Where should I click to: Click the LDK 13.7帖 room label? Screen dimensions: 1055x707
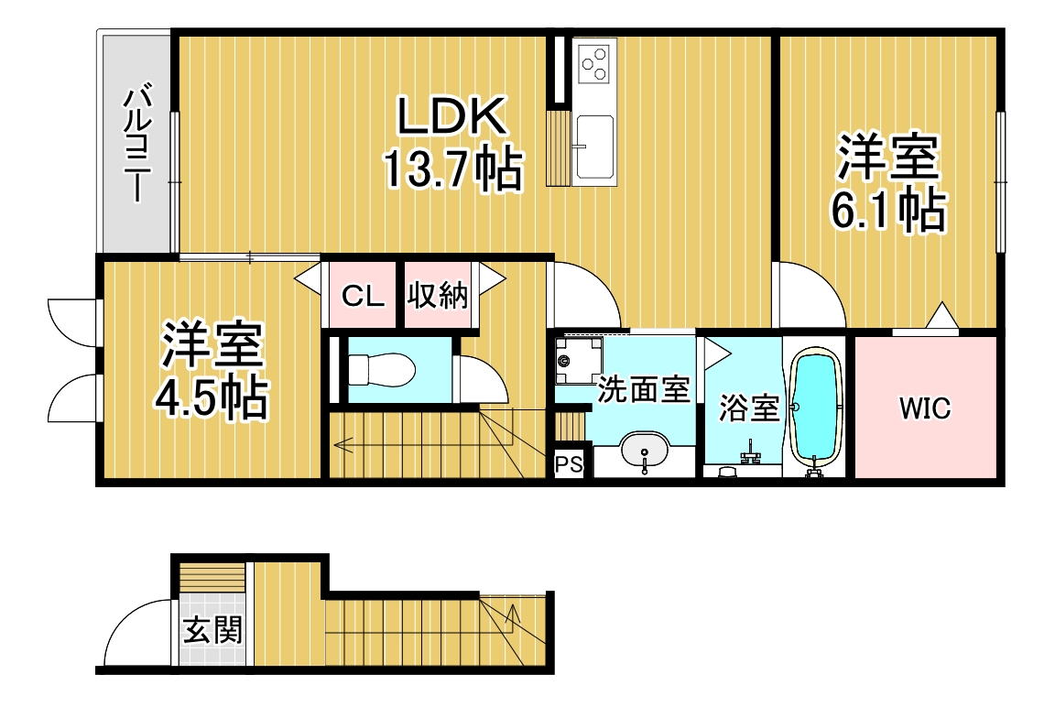tap(452, 143)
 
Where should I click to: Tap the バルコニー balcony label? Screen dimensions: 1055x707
tap(136, 141)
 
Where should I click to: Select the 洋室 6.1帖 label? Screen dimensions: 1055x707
tap(888, 183)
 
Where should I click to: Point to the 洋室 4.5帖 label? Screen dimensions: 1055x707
tap(212, 371)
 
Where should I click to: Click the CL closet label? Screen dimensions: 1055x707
tap(363, 295)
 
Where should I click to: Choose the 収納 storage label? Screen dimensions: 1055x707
tap(438, 295)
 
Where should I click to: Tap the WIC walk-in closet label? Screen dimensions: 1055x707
tap(925, 408)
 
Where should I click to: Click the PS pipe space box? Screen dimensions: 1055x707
tap(569, 464)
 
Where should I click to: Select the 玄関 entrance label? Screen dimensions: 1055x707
tap(212, 630)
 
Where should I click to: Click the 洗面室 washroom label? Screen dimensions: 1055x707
tap(644, 389)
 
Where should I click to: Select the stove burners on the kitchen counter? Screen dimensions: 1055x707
tap(594, 64)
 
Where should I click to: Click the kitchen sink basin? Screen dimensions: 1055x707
tap(594, 146)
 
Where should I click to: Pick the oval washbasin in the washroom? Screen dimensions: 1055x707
tap(645, 450)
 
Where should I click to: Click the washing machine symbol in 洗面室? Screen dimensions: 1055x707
tap(578, 359)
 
